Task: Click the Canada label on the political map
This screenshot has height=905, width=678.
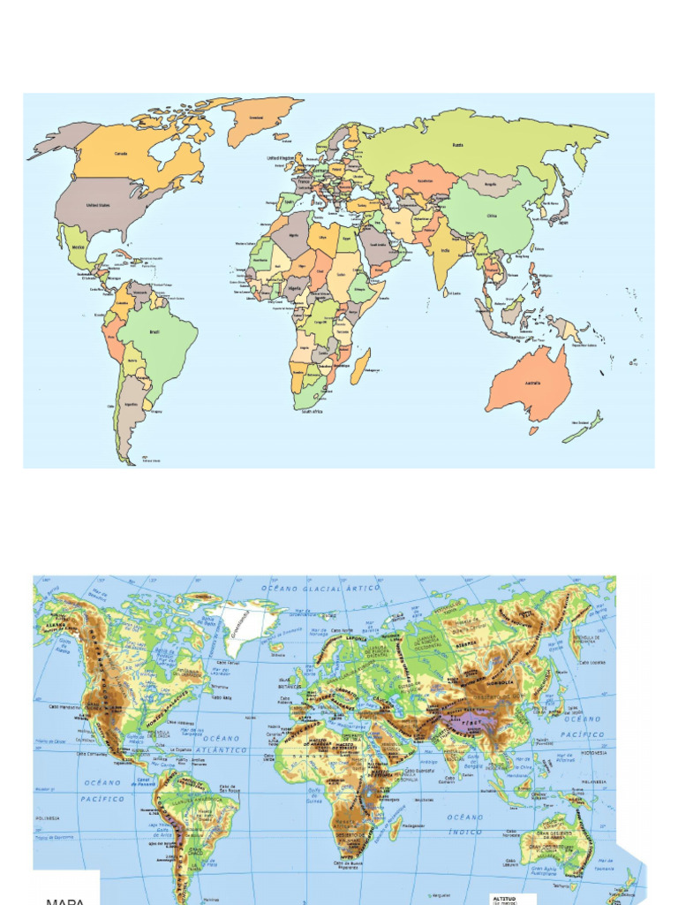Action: click(x=121, y=153)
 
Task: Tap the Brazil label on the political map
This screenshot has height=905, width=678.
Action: click(x=155, y=332)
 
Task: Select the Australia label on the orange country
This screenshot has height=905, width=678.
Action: click(x=533, y=383)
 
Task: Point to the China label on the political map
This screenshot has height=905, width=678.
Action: click(x=493, y=214)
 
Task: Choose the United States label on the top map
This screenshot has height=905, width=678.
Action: click(x=98, y=205)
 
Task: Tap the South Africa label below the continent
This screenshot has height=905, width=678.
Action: click(x=313, y=412)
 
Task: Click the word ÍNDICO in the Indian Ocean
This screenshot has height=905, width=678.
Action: click(x=464, y=832)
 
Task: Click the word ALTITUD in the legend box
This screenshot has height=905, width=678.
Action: click(x=504, y=896)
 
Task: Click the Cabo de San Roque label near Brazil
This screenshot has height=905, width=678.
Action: click(x=230, y=789)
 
